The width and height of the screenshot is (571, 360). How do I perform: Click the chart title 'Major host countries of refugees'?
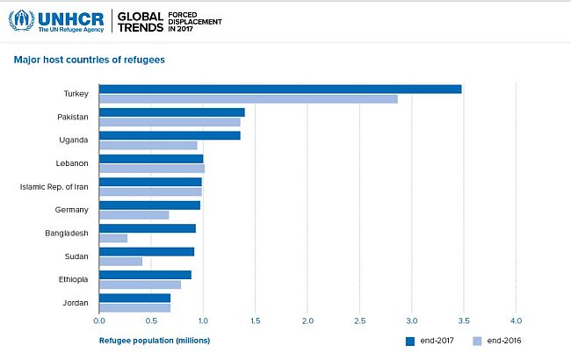pos(89,60)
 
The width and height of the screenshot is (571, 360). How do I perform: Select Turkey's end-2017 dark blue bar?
pos(280,89)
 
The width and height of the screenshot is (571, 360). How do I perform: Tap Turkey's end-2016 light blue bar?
pos(249,98)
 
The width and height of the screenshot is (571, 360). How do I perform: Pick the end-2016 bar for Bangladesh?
pos(113,238)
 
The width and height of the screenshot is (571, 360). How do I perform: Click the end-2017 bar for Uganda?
pos(170,135)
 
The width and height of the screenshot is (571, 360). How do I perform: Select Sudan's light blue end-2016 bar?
pos(120,261)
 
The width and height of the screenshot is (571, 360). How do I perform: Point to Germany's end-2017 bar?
pos(149,205)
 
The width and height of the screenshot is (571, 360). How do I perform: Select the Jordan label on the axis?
pos(76,302)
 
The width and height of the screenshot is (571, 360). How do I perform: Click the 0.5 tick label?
pos(151,321)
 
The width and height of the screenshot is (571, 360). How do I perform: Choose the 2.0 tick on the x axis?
pos(307,321)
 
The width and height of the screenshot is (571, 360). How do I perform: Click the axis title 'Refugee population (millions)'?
pos(154,340)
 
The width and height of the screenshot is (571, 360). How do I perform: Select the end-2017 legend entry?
pos(430,341)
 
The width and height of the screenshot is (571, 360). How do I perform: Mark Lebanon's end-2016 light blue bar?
pos(151,168)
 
